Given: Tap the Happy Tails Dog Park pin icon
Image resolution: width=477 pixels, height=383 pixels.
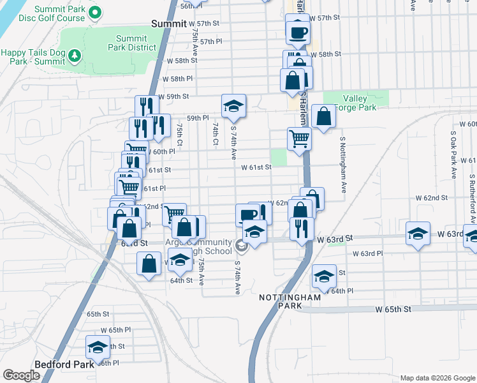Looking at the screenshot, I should tap(75, 56).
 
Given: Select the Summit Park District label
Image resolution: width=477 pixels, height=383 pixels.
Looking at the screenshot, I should tap(136, 43).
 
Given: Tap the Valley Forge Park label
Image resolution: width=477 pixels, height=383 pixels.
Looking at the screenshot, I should tap(355, 103).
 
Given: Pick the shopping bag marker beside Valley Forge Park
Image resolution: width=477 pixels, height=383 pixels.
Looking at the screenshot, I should tap(324, 116).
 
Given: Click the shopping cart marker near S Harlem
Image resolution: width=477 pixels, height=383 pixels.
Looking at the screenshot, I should tap(299, 139).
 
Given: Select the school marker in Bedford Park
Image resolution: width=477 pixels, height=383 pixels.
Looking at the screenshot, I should tap(98, 347).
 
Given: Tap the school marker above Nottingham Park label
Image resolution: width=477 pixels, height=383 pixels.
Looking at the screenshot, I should tap(324, 276).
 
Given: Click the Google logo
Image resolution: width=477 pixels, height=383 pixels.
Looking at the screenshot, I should tap(21, 375).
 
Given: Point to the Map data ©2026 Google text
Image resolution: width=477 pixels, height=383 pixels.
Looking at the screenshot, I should tap(437, 378).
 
